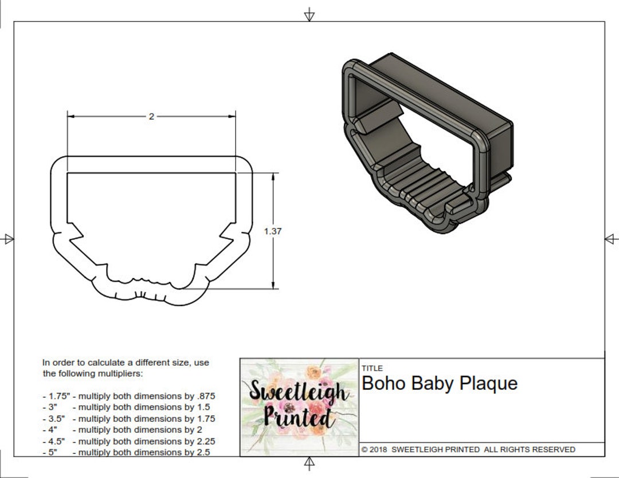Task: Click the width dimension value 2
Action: [x=151, y=116]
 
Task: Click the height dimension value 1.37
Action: [x=273, y=231]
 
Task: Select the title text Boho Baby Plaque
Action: [x=440, y=383]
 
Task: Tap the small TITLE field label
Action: [x=372, y=368]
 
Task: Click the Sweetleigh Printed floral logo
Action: [x=299, y=406]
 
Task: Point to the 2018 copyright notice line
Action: [x=468, y=449]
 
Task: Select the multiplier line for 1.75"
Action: [x=129, y=396]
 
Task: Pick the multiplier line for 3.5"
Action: [x=129, y=418]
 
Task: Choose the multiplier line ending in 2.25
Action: [x=129, y=441]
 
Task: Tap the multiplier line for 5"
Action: [x=126, y=452]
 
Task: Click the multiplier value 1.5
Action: [x=203, y=407]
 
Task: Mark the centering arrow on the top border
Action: [x=309, y=15]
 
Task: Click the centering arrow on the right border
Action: [x=611, y=239]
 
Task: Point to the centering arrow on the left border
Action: [x=8, y=239]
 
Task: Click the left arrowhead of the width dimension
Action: [x=71, y=116]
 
